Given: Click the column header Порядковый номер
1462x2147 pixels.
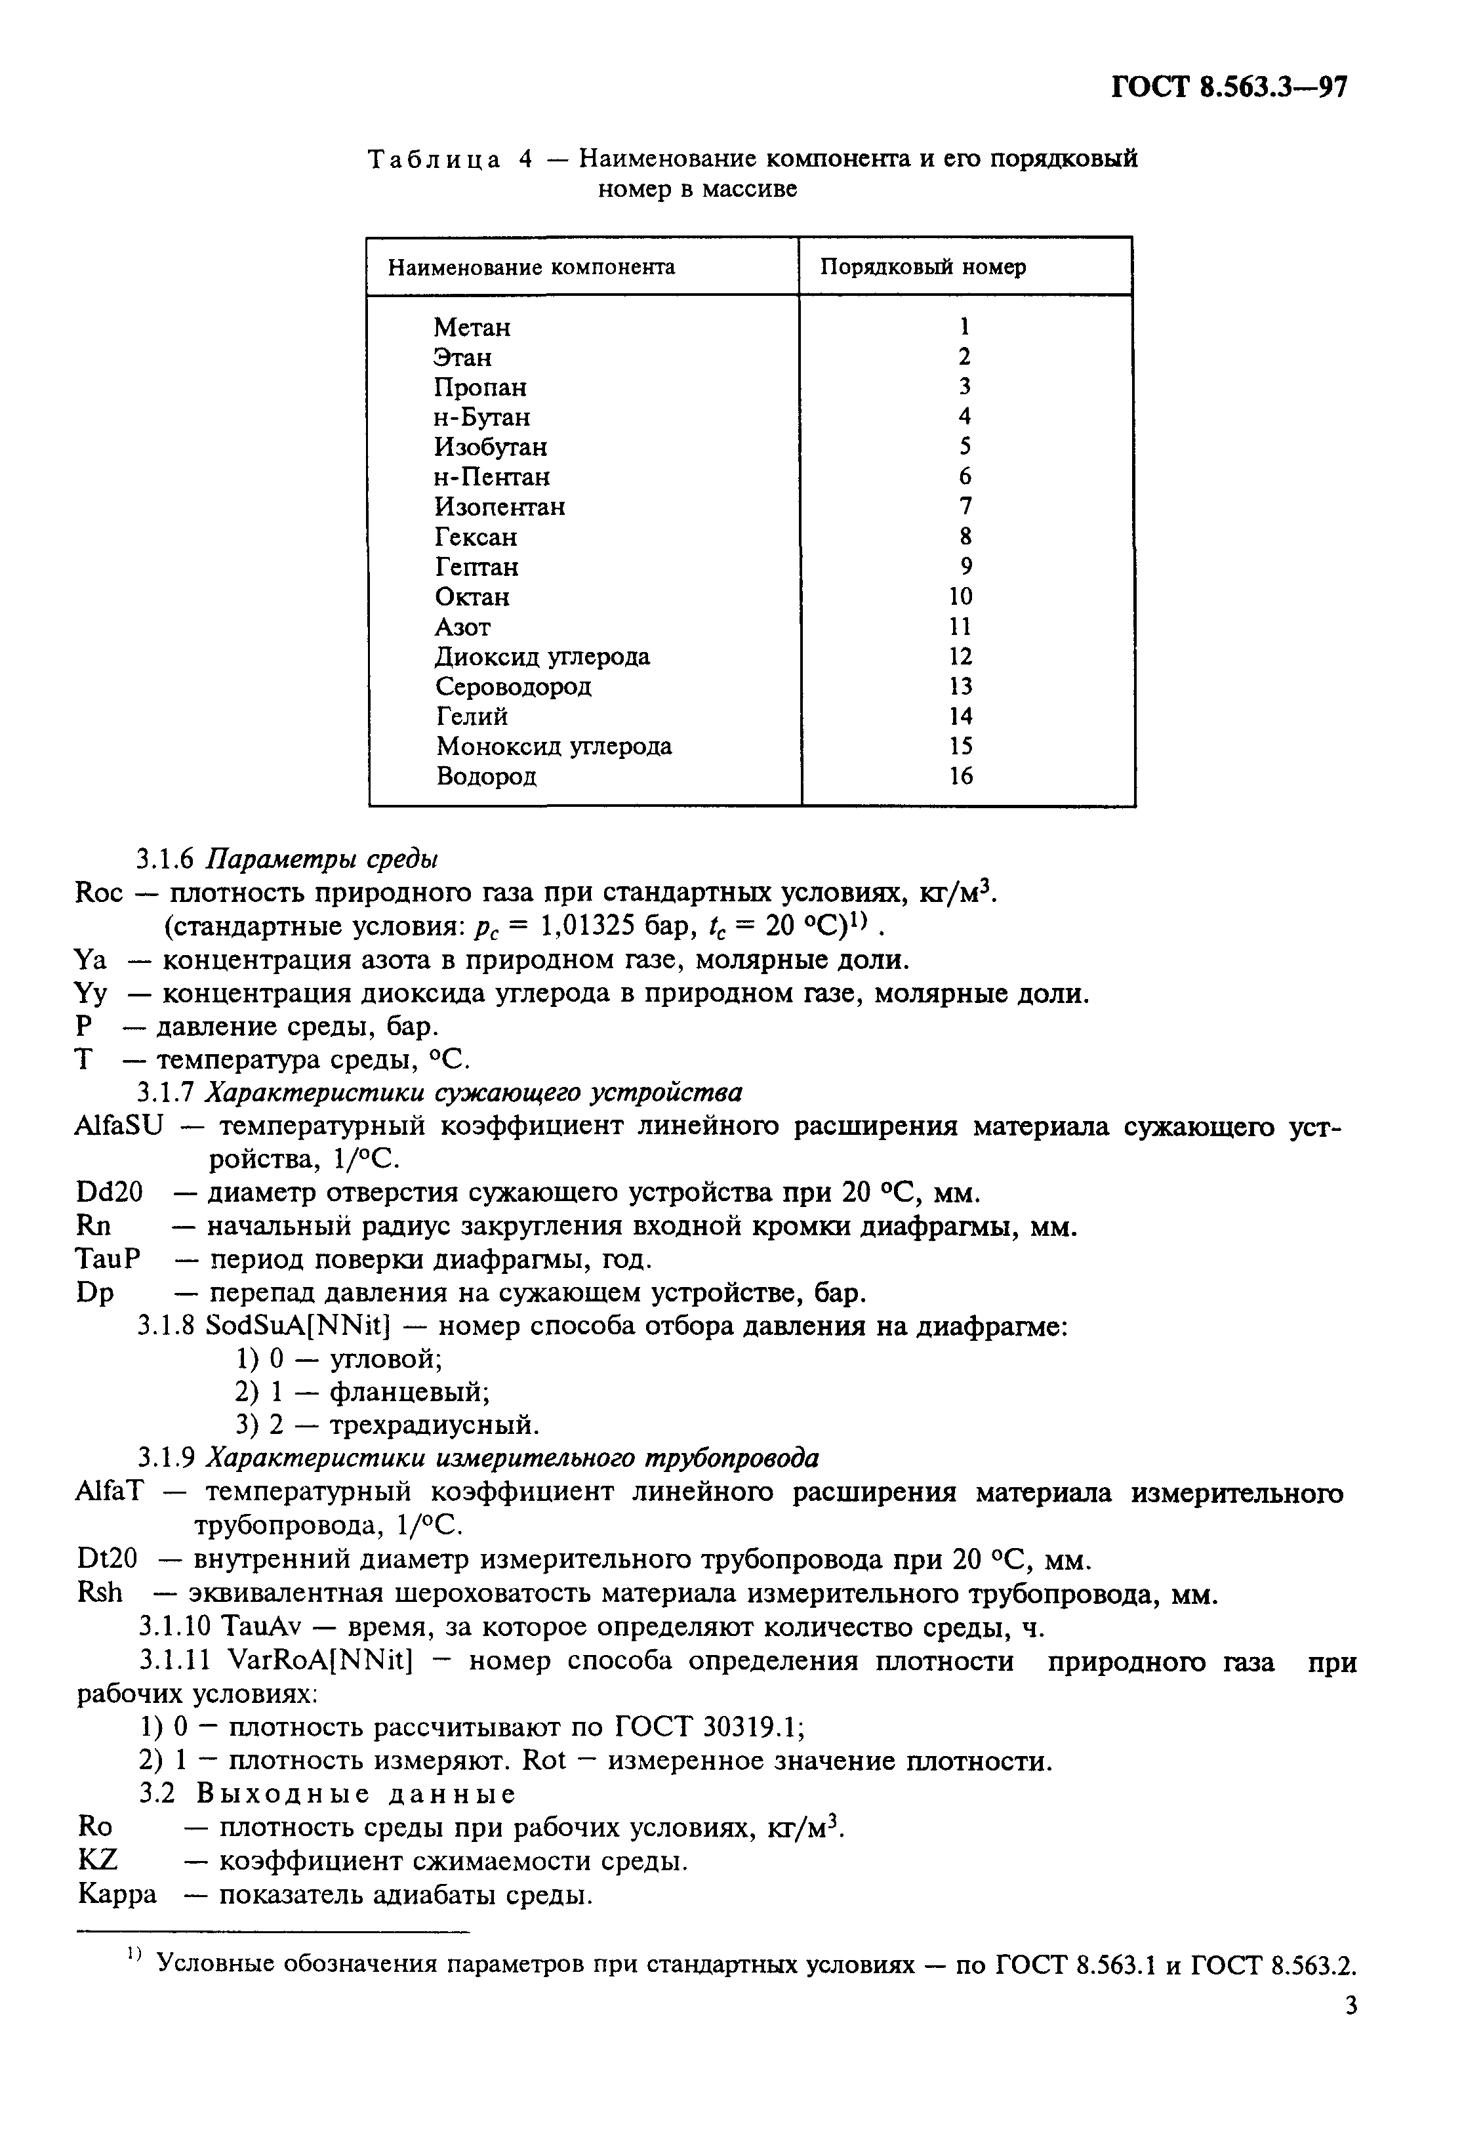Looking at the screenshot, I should [923, 267].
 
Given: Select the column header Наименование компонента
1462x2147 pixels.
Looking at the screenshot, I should [531, 268].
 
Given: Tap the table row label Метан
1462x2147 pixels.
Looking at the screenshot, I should [472, 328].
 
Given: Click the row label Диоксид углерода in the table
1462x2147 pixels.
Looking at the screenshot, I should [542, 657].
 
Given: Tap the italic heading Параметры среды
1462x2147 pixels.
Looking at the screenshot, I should [321, 859].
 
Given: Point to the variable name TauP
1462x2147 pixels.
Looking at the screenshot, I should [107, 1260].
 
